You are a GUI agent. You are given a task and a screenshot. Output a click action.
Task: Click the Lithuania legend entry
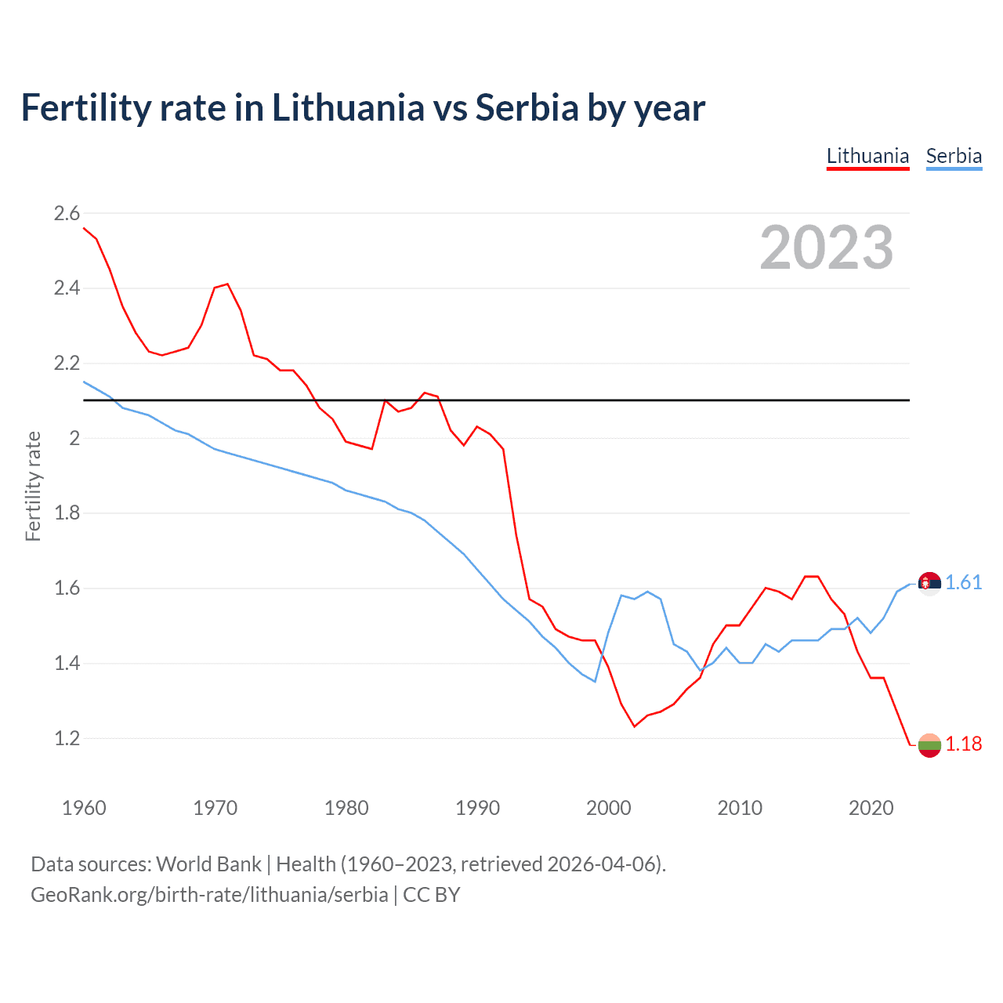(867, 156)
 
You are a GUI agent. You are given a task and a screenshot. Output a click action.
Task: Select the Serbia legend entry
(954, 156)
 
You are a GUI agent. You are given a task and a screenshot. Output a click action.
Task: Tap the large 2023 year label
(826, 248)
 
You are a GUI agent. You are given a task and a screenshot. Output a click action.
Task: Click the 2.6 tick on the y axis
(67, 213)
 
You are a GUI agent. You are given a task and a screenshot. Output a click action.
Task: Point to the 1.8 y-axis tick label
(67, 513)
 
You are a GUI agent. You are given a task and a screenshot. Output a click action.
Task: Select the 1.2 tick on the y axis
(67, 738)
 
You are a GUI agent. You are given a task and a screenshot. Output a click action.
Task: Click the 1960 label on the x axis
(84, 808)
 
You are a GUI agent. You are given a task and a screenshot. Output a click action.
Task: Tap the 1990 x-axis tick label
(477, 808)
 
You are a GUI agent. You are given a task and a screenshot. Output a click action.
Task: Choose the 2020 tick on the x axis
(871, 808)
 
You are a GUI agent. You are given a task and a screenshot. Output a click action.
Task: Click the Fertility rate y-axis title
(33, 486)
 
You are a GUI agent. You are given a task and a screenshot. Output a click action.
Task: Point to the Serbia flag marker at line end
(929, 584)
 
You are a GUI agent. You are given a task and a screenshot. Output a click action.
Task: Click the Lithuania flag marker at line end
(929, 745)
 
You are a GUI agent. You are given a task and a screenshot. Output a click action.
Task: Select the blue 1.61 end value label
(963, 582)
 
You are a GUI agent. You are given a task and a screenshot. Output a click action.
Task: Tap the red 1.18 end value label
(963, 744)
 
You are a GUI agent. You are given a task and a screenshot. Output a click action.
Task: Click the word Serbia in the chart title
(527, 107)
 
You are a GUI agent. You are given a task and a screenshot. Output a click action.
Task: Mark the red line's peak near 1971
(227, 284)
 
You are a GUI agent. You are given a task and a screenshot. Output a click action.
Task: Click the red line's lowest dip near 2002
(635, 726)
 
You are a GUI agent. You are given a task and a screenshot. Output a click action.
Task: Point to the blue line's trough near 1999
(595, 682)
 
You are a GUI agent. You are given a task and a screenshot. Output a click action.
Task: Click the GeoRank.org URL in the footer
(209, 895)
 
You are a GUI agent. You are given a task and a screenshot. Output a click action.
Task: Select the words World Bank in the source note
(208, 864)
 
